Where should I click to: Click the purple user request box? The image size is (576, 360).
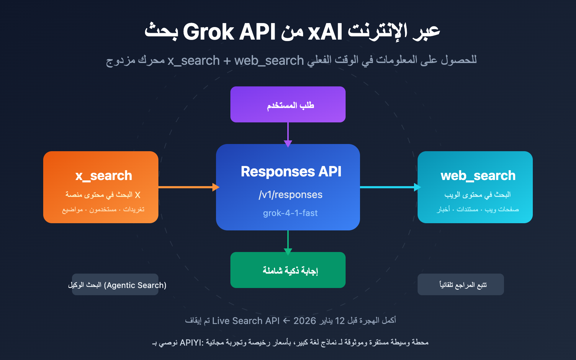(288, 104)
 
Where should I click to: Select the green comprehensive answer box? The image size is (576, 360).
(288, 270)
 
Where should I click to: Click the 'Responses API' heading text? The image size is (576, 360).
(291, 172)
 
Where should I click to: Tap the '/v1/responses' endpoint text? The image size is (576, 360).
(291, 195)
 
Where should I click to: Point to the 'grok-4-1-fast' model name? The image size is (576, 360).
(290, 213)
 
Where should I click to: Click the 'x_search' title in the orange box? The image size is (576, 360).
(104, 176)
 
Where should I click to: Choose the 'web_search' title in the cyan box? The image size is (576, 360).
(478, 176)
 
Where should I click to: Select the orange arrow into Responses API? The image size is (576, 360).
(187, 187)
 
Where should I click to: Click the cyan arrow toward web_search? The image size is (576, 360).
(389, 187)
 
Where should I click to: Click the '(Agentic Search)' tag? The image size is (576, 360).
(135, 285)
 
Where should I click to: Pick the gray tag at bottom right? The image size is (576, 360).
(461, 284)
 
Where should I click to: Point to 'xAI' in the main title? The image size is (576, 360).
(325, 32)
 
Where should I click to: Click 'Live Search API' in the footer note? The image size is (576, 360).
(246, 321)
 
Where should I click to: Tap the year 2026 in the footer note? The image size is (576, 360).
(305, 321)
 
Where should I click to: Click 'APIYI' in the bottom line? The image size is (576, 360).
(191, 342)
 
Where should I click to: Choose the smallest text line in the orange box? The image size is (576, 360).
(103, 210)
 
